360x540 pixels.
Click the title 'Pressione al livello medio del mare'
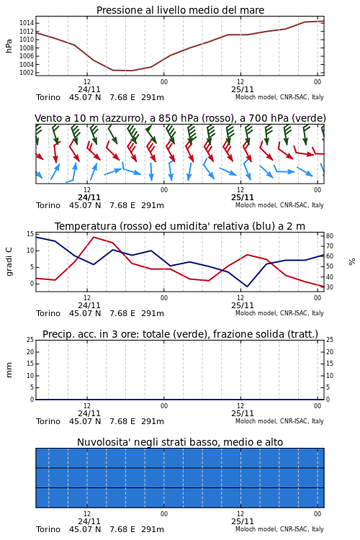[x=180, y=10]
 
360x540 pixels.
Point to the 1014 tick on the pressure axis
[x=27, y=23]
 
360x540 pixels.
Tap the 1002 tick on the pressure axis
[x=27, y=73]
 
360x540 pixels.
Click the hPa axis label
[x=9, y=46]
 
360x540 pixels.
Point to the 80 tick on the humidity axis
[x=330, y=236]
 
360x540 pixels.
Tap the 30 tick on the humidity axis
[x=330, y=287]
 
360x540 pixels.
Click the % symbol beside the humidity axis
[x=352, y=262]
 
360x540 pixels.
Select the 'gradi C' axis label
[x=9, y=261]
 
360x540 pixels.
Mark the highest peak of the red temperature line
[x=94, y=237]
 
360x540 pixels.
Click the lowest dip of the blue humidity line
[x=247, y=286]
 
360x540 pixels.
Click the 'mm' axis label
[x=9, y=370]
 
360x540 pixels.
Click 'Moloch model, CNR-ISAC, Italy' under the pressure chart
[x=279, y=97]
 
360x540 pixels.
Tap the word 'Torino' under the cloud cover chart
[x=48, y=529]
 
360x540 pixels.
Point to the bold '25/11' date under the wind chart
[x=243, y=198]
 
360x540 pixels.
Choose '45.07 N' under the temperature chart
[x=85, y=313]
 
